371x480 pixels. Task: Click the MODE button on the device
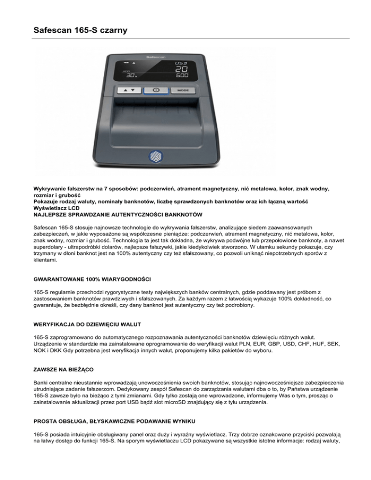pos(182,90)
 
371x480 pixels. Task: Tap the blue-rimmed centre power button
pos(156,90)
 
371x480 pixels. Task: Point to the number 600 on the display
pos(182,75)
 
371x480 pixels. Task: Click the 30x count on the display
pos(131,75)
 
